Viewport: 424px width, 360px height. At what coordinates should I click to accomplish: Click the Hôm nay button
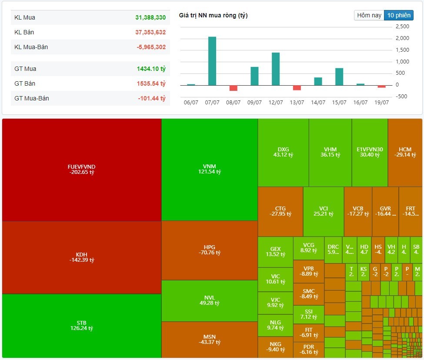coord(369,15)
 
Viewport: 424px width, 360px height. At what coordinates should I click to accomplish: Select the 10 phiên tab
coord(398,15)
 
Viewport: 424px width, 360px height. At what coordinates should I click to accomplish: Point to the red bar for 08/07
coord(234,88)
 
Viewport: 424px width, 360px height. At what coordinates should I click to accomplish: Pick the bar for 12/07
coord(276,69)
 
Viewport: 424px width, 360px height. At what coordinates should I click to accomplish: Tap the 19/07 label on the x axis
coord(381,103)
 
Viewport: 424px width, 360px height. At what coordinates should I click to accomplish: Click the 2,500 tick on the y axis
coord(403,27)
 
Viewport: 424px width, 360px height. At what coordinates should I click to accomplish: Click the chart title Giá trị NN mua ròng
coord(214,16)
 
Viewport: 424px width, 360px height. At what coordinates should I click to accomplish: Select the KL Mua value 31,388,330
coord(150,17)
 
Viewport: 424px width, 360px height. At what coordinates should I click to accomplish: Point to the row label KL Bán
coord(25,32)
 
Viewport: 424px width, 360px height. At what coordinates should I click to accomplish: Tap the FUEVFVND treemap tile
coord(81,170)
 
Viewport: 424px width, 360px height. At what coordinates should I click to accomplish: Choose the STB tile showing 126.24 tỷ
coord(81,325)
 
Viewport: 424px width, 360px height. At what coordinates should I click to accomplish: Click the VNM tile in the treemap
coord(209,169)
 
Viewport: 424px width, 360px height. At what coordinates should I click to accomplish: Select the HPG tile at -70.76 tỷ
coord(209,250)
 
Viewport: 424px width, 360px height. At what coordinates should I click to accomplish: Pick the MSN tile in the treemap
coord(209,340)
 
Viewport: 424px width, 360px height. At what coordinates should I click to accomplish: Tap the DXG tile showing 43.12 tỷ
coord(283,152)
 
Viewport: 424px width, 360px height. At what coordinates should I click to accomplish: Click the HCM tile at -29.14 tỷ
coord(404,152)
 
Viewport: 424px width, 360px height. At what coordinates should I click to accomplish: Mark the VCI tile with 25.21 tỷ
coord(323,211)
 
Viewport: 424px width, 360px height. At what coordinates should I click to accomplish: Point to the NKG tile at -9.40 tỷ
coord(275,347)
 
